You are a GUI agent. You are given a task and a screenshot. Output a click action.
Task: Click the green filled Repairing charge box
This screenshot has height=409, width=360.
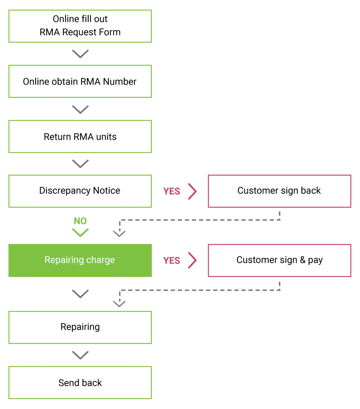(80, 260)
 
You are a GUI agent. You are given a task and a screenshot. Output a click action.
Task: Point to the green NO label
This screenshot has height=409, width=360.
(80, 221)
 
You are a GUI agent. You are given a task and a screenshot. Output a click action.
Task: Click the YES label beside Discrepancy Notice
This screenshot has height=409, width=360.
(172, 191)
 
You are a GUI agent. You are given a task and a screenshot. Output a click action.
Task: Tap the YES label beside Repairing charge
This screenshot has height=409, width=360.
(172, 260)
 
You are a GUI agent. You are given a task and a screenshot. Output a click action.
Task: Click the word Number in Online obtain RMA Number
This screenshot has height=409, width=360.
(120, 81)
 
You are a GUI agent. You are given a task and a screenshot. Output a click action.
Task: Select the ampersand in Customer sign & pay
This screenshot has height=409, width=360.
(302, 260)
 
